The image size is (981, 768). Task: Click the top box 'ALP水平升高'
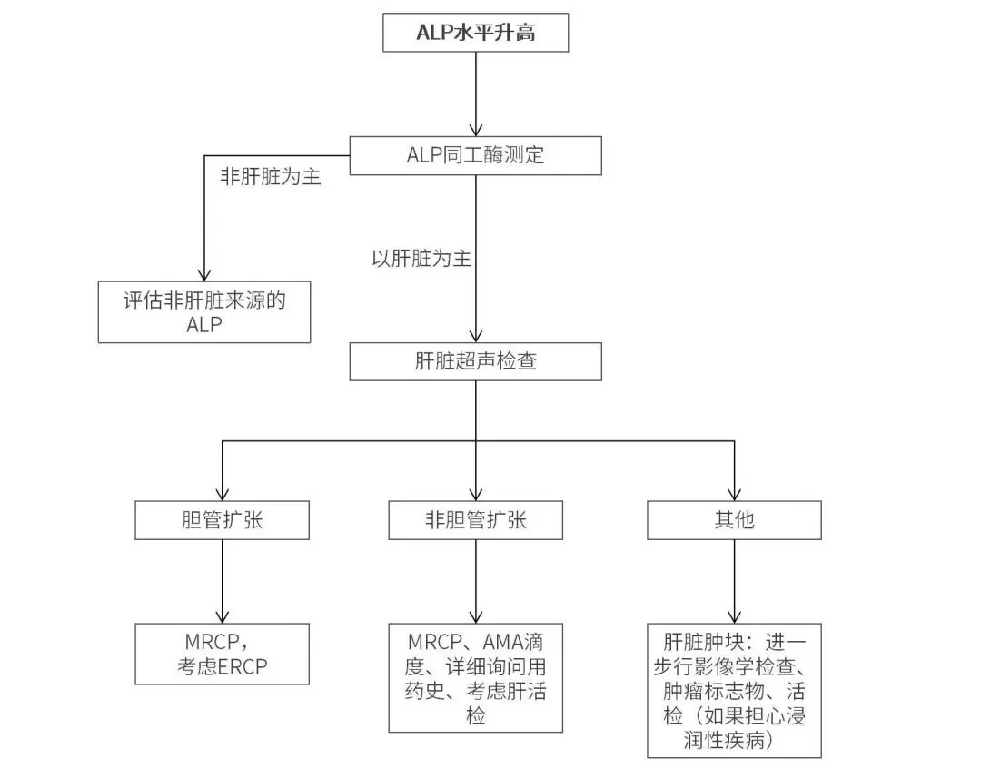[x=476, y=34]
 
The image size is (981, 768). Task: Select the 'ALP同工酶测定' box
[x=476, y=155]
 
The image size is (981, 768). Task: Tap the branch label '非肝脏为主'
[x=271, y=177]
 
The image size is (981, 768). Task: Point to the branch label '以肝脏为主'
[x=421, y=259]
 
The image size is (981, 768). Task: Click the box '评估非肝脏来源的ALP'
[x=204, y=311]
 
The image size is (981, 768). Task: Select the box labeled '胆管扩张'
[x=223, y=520]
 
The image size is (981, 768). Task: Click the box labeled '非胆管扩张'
[x=476, y=520]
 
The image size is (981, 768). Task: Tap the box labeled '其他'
[x=734, y=520]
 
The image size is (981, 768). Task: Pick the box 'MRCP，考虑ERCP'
[x=223, y=654]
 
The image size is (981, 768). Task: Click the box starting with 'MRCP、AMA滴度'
[x=476, y=677]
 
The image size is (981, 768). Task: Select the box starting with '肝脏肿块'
[x=734, y=690]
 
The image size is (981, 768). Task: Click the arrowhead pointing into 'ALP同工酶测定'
[x=476, y=129]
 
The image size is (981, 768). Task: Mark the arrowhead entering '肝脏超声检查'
[x=476, y=334]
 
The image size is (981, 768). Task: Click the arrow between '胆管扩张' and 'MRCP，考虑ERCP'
[x=223, y=581]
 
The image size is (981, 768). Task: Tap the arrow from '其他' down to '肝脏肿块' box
[x=734, y=581]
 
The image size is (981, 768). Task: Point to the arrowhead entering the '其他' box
[x=734, y=493]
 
